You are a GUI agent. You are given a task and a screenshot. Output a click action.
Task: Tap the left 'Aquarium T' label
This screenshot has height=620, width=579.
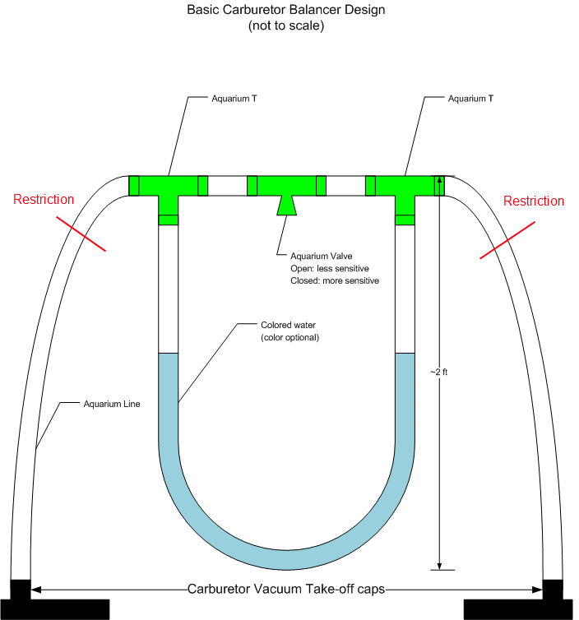[x=212, y=99]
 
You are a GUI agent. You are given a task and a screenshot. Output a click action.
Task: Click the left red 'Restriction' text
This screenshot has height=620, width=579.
[x=44, y=199]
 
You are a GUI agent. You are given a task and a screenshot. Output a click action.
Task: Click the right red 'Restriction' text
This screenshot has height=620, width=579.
[x=534, y=201]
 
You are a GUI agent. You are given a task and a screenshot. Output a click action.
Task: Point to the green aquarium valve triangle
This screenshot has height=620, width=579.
[x=286, y=204]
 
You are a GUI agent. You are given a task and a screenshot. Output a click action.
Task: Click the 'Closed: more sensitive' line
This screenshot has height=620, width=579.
[x=335, y=280]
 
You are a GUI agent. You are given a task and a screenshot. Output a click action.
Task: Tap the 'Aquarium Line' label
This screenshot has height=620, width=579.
[x=110, y=404]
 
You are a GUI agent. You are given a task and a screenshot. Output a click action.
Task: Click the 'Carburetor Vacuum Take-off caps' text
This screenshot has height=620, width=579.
[x=286, y=589]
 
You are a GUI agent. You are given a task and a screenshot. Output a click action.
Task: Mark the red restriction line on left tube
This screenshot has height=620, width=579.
[x=81, y=234]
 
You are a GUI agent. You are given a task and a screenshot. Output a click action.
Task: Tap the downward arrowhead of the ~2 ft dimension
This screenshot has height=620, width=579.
[x=440, y=563]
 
